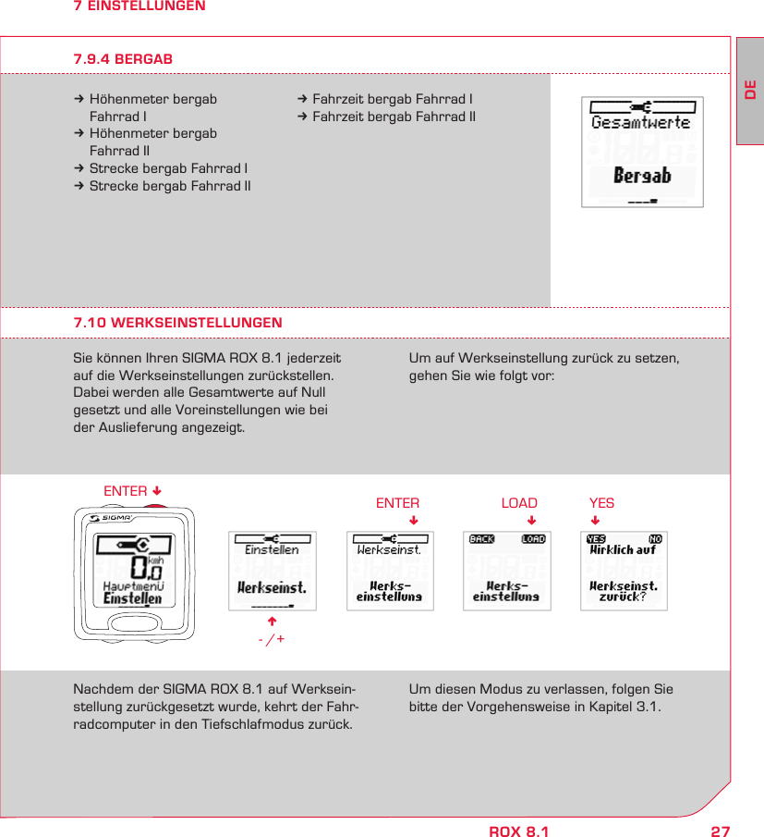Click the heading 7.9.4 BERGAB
click(x=123, y=59)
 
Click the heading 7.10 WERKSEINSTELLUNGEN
click(x=177, y=323)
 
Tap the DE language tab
click(x=750, y=92)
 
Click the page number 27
click(x=720, y=831)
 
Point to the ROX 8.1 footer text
click(x=518, y=831)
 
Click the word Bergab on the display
click(x=642, y=176)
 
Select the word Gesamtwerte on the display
click(x=641, y=122)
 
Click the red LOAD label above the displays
click(x=518, y=503)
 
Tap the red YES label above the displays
click(x=601, y=503)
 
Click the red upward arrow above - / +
click(x=273, y=621)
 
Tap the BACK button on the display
click(x=481, y=539)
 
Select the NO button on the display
click(x=655, y=539)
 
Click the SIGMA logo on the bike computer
click(x=111, y=518)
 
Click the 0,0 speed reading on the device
click(x=139, y=565)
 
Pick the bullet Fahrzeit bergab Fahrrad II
click(x=393, y=117)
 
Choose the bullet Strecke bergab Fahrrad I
click(x=167, y=168)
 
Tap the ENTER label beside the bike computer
click(x=126, y=490)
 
